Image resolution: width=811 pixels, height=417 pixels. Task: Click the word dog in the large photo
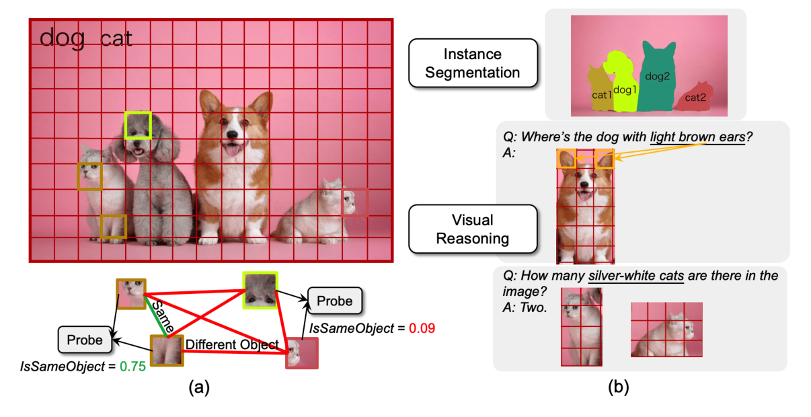tap(62, 38)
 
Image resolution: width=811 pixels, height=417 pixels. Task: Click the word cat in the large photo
tap(116, 38)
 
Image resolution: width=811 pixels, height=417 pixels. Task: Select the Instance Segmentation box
tap(472, 63)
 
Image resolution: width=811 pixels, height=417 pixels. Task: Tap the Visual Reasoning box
tap(472, 229)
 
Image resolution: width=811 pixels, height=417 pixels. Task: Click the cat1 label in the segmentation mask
tap(601, 96)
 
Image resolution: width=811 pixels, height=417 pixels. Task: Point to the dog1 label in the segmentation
tap(624, 89)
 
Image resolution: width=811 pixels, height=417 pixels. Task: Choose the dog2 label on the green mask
tap(657, 76)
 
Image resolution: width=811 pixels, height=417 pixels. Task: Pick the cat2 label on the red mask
tap(695, 98)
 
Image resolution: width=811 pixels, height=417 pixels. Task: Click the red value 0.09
tap(422, 329)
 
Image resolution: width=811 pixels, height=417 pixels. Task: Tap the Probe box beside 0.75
tap(85, 340)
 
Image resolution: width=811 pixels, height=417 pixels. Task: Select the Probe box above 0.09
tap(334, 301)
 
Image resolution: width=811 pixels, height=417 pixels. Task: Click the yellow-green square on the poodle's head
tap(138, 126)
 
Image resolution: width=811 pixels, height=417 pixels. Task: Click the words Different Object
tap(232, 344)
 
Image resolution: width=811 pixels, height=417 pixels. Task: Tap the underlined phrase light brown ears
tap(697, 137)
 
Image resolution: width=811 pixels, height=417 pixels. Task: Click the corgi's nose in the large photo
tap(232, 135)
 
